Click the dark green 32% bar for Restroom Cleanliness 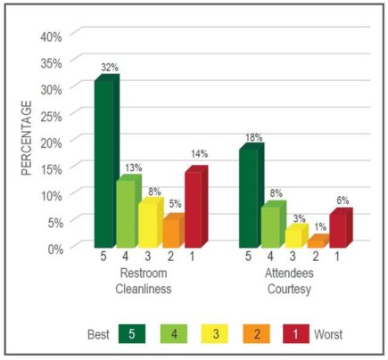107,161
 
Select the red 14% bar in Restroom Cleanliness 196,207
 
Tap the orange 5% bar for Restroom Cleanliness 174,231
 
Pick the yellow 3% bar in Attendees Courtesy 297,236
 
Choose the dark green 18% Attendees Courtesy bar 252,195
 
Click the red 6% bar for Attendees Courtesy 341,228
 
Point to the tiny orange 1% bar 318,241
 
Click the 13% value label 133,168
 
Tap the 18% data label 254,137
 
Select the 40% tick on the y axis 52,37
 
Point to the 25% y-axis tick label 52,116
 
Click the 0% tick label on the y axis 55,249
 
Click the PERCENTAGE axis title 27,138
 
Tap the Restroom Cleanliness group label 144,281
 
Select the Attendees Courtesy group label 289,281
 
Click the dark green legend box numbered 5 132,334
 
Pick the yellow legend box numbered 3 214,334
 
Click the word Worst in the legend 328,334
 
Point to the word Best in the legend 98,334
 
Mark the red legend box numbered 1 296,334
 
